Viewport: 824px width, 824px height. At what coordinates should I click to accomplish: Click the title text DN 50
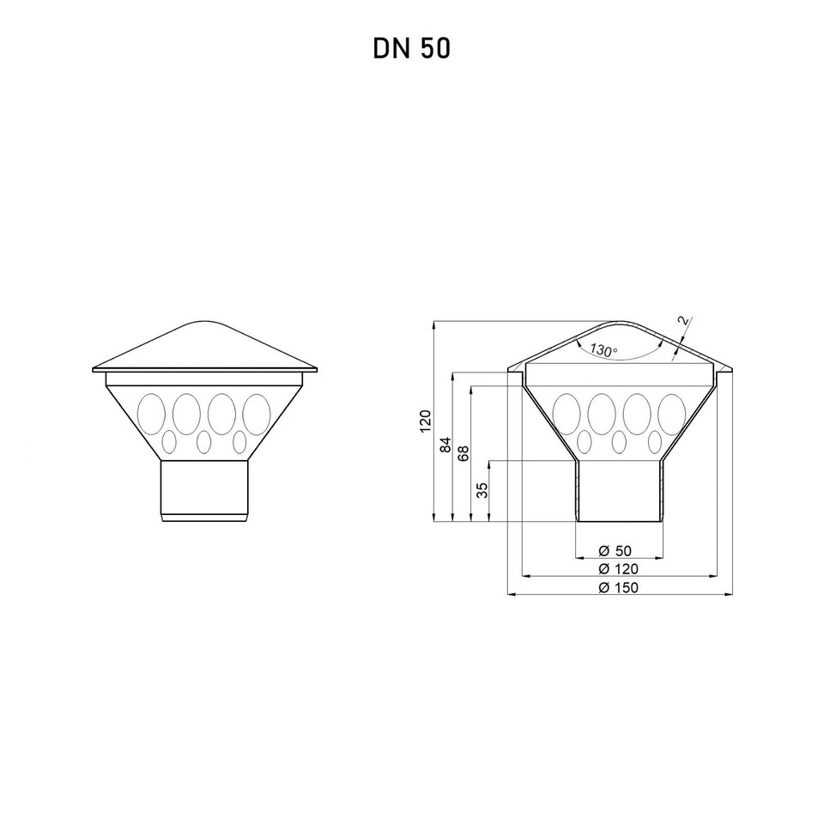[411, 49]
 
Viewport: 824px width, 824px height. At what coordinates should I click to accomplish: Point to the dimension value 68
[464, 453]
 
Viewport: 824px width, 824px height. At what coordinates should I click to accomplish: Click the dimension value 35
[482, 490]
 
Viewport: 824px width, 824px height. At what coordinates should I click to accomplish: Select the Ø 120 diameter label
[618, 568]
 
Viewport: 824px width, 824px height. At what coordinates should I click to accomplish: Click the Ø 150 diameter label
[618, 587]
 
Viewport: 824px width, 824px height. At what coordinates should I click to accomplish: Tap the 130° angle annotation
[603, 350]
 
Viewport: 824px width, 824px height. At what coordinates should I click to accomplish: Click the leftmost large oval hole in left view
[152, 412]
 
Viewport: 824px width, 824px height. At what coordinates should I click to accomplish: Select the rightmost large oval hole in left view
[256, 412]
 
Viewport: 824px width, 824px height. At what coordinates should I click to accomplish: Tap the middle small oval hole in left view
[204, 441]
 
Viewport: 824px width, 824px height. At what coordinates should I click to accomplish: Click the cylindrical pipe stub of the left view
[205, 489]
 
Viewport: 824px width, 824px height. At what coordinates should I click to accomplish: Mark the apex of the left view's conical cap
[205, 323]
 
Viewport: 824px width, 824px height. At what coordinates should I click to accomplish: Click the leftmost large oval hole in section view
[567, 412]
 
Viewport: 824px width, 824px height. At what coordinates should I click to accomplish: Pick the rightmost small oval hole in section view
[654, 441]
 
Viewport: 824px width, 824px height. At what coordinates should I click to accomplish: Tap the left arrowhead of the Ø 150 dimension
[512, 593]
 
